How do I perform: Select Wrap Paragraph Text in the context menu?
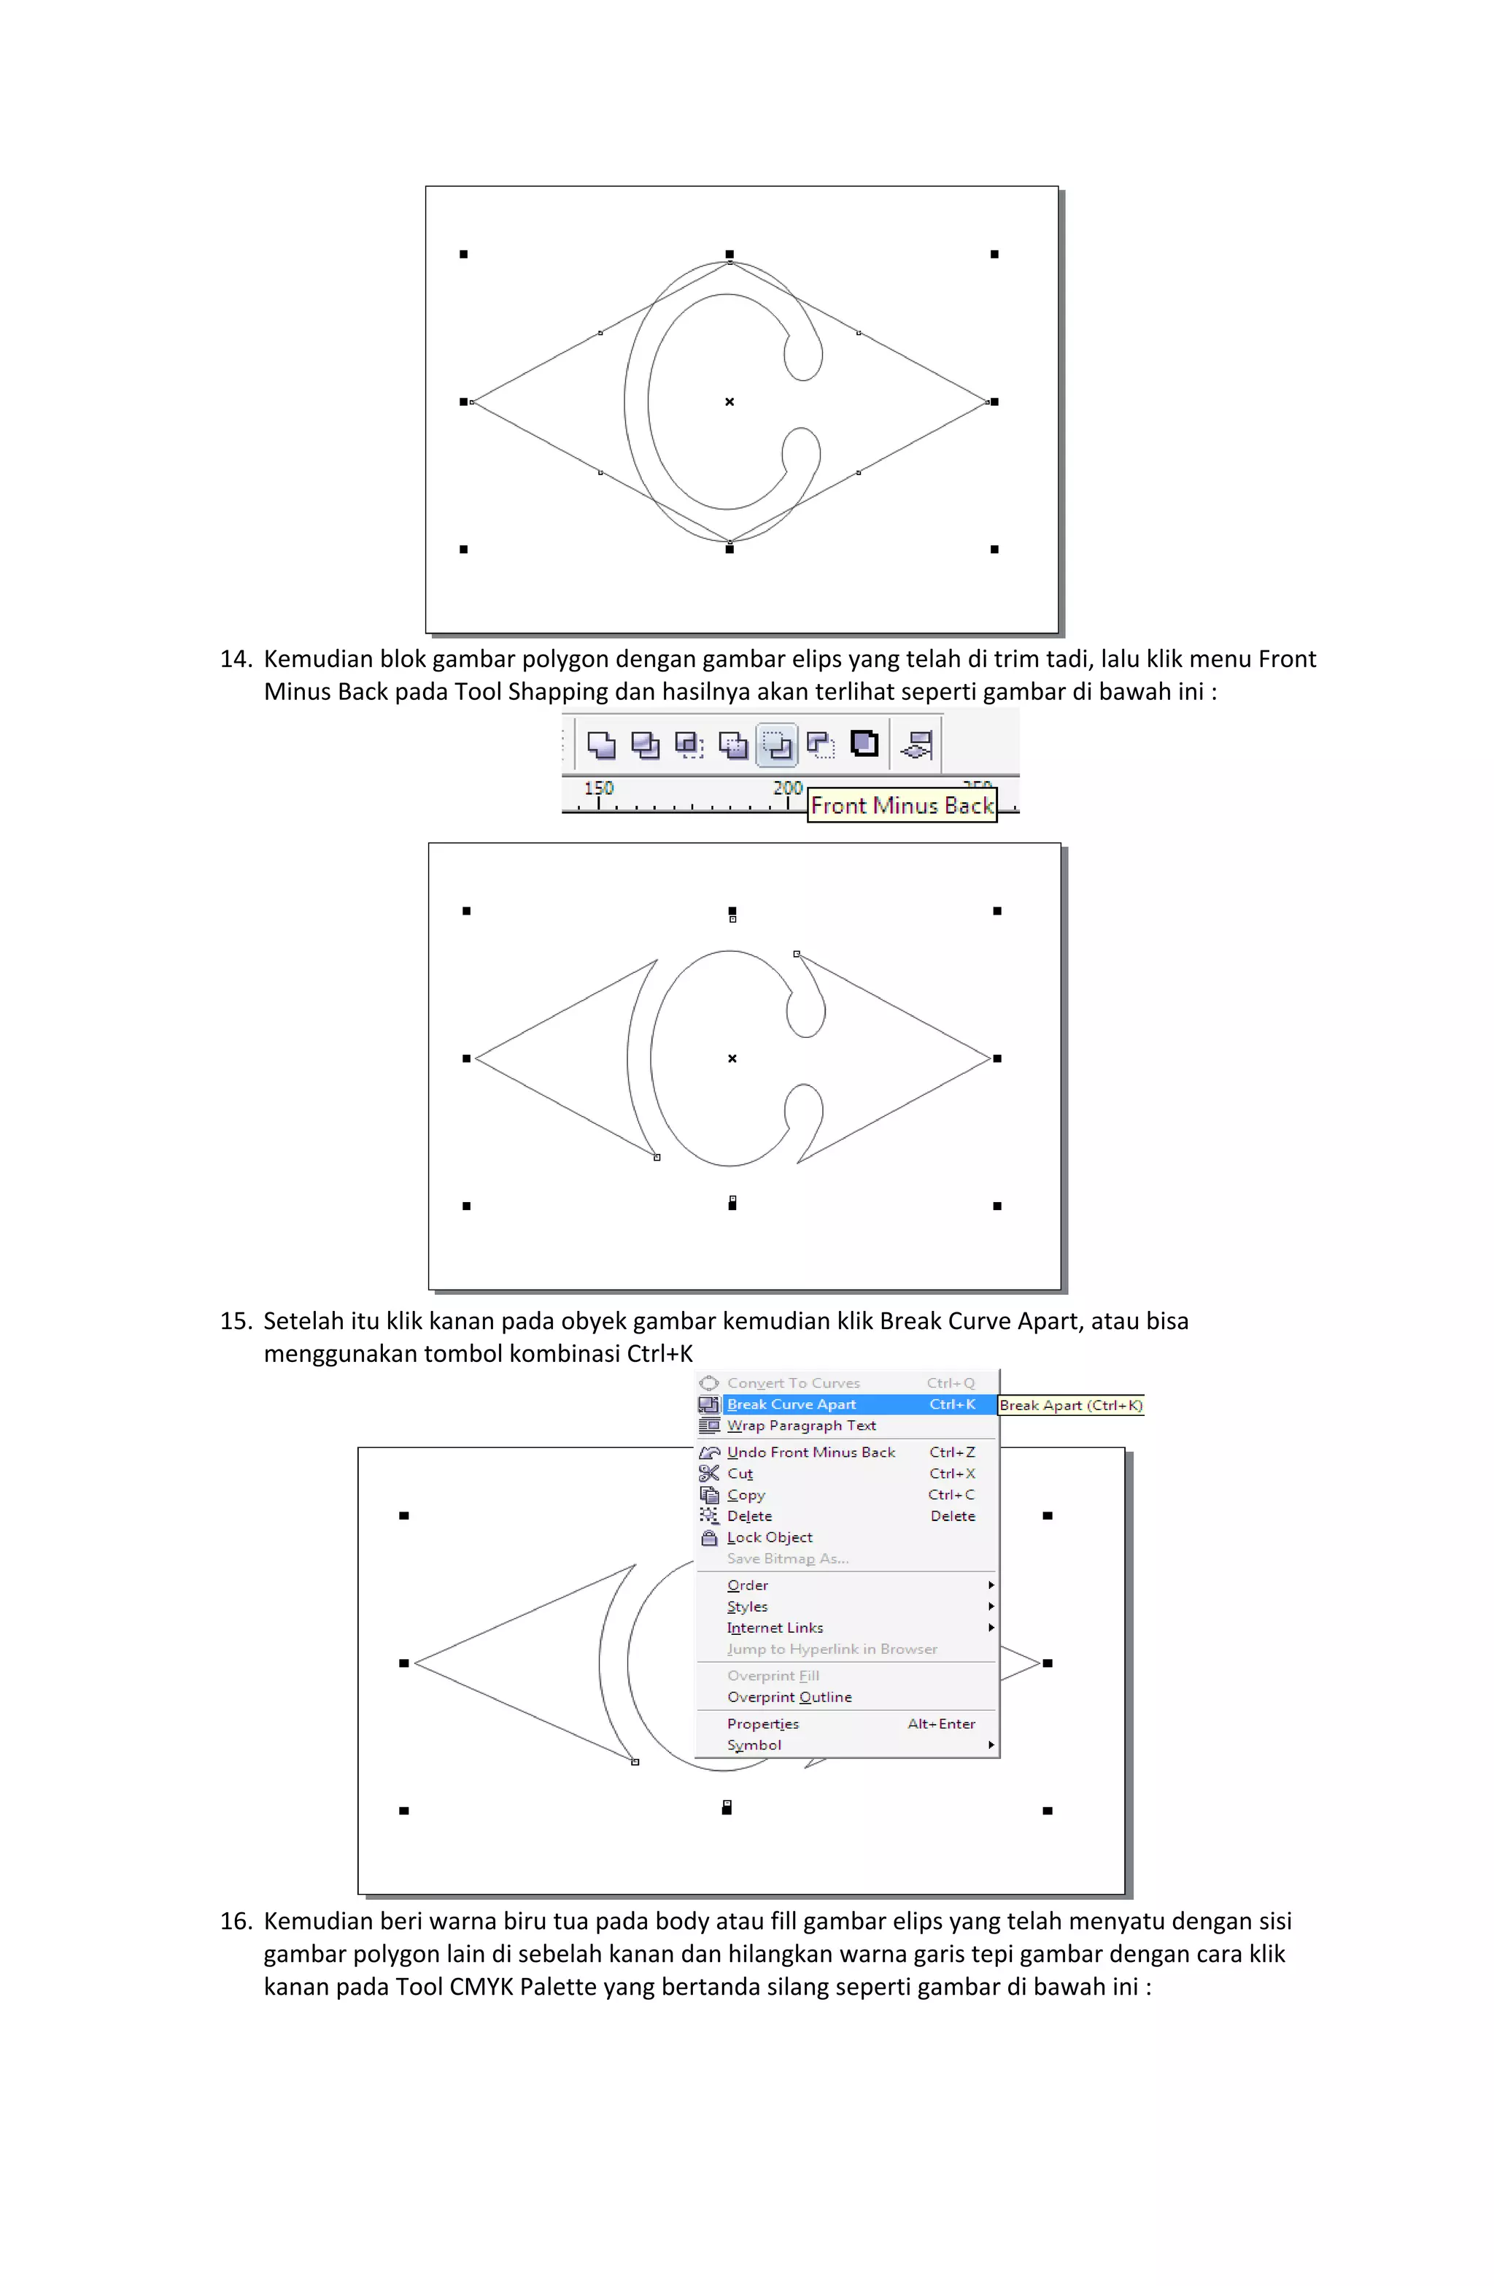coord(801,1425)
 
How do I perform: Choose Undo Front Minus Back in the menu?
coord(810,1452)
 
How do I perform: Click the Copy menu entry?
coord(746,1495)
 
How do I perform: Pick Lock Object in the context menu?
coord(769,1537)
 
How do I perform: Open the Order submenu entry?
coord(748,1585)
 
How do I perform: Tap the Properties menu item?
coord(762,1723)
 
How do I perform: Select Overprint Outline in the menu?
coord(789,1696)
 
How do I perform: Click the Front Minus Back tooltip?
coord(902,805)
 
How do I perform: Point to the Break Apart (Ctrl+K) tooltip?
coord(1071,1405)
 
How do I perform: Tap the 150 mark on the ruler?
coord(598,788)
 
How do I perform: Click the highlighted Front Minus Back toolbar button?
coord(777,744)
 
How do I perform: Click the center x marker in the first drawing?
coord(729,401)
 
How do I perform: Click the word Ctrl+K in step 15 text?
coord(659,1355)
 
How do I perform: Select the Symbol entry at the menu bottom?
coord(754,1744)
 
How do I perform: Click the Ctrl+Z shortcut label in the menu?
coord(951,1452)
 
